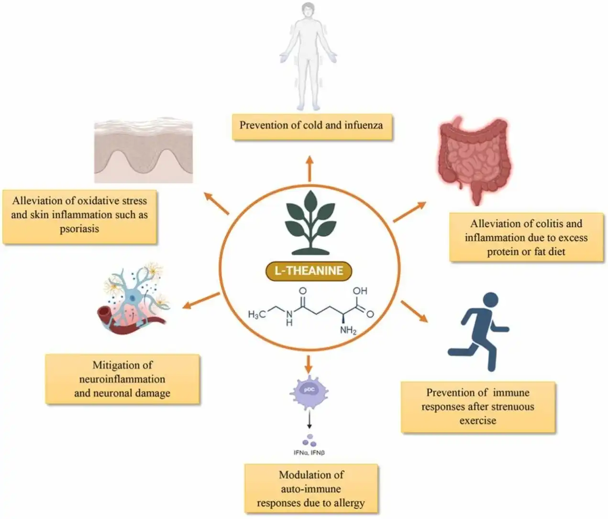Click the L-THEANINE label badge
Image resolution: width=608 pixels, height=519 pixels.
309,271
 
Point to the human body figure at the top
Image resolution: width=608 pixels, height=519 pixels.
309,55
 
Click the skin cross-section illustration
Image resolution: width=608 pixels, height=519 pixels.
144,152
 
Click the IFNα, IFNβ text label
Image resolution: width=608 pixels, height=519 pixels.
309,453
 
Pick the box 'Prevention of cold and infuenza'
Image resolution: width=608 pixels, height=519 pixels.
311,126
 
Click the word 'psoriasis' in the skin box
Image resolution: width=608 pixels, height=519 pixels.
79,229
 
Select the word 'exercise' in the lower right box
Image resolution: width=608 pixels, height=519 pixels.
477,420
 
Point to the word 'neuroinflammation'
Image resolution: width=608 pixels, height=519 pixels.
122,379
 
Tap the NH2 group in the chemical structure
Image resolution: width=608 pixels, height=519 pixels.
348,330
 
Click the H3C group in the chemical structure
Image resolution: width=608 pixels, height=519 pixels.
256,314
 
